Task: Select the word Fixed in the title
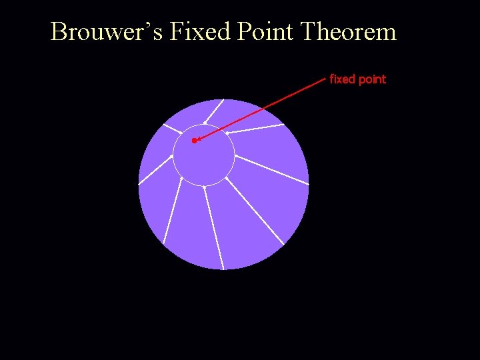click(199, 31)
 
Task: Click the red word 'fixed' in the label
click(343, 79)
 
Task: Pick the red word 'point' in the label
click(372, 79)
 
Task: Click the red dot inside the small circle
click(194, 141)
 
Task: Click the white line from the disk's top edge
click(214, 111)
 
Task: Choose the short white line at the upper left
click(172, 129)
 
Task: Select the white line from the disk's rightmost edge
click(271, 169)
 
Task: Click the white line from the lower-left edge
click(173, 211)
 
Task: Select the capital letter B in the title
click(59, 31)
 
